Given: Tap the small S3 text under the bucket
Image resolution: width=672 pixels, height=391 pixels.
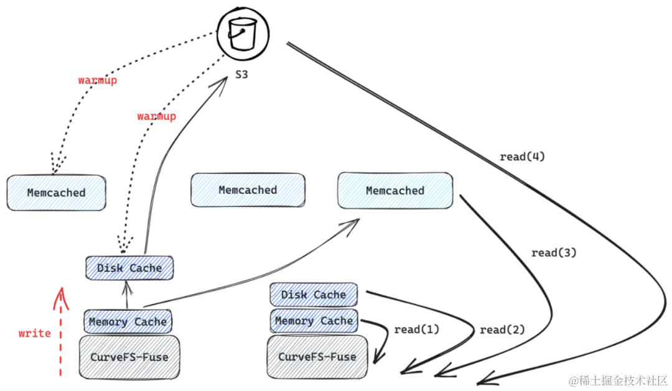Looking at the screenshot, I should [241, 75].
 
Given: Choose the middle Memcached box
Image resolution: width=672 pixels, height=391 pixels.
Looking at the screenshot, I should [248, 190].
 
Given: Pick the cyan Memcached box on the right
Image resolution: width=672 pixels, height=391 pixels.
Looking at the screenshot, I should [395, 190].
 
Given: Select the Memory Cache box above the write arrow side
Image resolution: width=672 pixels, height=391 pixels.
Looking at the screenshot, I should [128, 321].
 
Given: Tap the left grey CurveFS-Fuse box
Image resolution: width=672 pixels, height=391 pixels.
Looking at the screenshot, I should [129, 357].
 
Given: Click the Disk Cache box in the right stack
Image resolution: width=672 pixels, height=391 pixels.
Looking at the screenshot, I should [314, 294].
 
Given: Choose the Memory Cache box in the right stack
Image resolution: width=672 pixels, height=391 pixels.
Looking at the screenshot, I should [314, 321].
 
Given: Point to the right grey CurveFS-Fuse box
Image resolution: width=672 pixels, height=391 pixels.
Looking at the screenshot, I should [317, 357].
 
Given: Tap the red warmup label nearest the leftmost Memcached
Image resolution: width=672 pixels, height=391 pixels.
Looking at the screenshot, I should [96, 80].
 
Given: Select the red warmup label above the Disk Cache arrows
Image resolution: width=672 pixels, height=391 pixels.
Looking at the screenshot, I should [157, 116].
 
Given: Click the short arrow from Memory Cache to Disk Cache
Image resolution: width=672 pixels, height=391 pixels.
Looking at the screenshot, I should [127, 295].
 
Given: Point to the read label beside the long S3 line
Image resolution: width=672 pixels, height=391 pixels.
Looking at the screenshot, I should [521, 157].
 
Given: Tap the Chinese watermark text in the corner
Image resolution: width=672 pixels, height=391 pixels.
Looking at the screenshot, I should [617, 379].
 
